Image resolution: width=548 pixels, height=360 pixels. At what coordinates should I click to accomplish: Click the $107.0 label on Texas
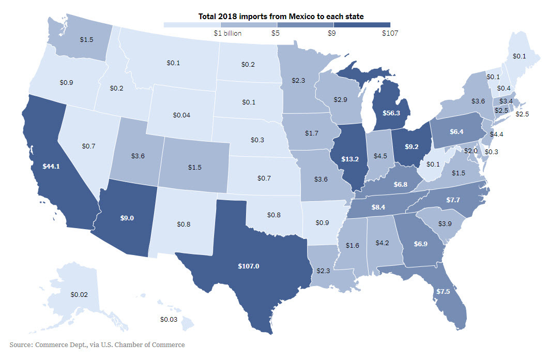point(248,266)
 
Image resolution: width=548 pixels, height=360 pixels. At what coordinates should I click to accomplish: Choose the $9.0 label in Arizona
point(127,218)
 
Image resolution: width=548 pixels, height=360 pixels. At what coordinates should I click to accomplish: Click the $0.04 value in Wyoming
point(180,115)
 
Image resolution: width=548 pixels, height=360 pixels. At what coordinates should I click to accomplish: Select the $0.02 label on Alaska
point(79,294)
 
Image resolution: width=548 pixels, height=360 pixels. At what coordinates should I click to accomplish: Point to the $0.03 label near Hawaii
point(169,319)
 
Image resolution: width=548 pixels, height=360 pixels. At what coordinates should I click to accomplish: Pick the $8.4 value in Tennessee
point(378,207)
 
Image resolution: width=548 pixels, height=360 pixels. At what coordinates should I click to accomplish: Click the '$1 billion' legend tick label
point(227,33)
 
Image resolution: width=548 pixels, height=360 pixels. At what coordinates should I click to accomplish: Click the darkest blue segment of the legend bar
point(362,24)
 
